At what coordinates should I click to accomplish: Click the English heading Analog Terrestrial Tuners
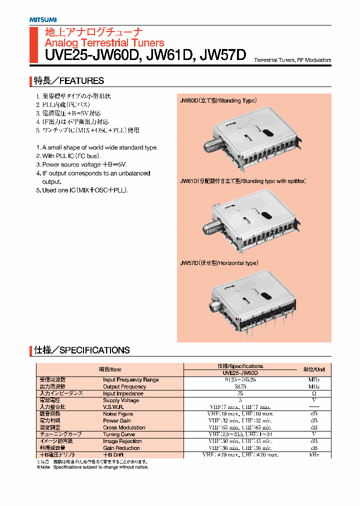[104, 43]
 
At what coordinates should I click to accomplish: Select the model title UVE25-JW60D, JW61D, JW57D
[145, 55]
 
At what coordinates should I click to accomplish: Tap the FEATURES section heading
[69, 80]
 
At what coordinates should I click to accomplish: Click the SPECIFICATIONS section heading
[82, 350]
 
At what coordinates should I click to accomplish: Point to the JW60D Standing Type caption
[218, 100]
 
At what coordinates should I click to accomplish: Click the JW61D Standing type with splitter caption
[242, 180]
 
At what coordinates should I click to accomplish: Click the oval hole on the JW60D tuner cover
[268, 132]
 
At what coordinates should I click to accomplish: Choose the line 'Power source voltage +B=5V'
[84, 164]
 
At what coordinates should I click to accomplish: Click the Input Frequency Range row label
[130, 380]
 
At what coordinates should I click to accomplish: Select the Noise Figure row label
[118, 414]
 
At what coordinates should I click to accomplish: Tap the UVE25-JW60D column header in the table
[240, 373]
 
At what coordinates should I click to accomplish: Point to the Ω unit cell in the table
[314, 393]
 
